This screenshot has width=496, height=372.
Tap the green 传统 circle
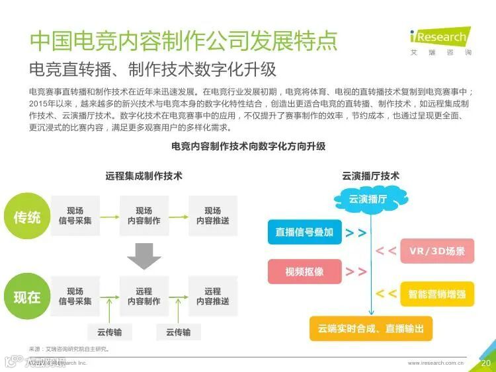point(26,217)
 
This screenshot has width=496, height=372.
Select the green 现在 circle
point(26,297)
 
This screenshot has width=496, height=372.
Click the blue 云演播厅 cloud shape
point(368,199)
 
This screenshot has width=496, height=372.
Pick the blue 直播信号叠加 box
point(304,233)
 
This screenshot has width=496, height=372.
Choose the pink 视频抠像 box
point(304,272)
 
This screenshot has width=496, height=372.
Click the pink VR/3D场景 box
point(437,251)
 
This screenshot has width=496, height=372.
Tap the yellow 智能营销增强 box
point(437,293)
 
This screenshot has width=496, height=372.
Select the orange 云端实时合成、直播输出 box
point(370,328)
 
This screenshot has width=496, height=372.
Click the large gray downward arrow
point(144,256)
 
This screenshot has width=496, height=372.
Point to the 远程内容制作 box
point(144,296)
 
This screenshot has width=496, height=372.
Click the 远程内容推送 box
point(213,296)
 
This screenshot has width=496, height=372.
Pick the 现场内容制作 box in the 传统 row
point(144,216)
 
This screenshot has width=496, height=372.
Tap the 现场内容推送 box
point(213,216)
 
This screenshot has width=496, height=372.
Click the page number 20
point(485,363)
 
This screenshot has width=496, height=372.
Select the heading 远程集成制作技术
point(144,176)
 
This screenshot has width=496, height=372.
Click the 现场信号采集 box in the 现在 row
point(75,296)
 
